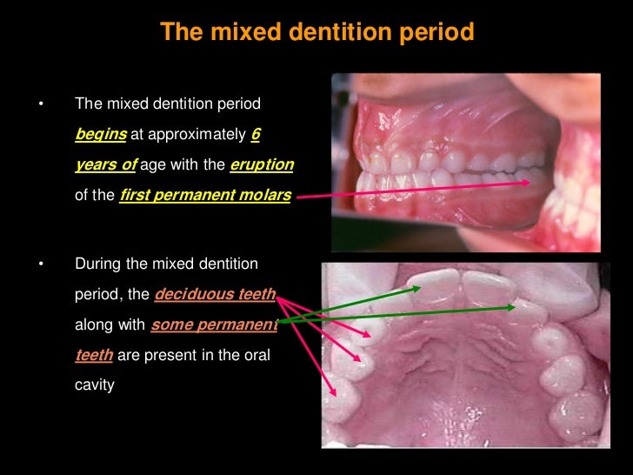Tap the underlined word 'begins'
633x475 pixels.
tap(101, 135)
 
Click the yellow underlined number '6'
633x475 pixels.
tap(255, 135)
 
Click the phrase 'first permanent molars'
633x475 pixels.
tap(205, 196)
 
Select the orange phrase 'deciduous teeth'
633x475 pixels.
tap(215, 294)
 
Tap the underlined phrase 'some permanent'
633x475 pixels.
tap(214, 325)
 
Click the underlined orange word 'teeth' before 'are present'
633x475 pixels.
tap(90, 355)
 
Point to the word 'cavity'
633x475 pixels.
tap(95, 384)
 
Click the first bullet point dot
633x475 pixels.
tap(39, 105)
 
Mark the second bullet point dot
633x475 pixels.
tap(39, 264)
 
